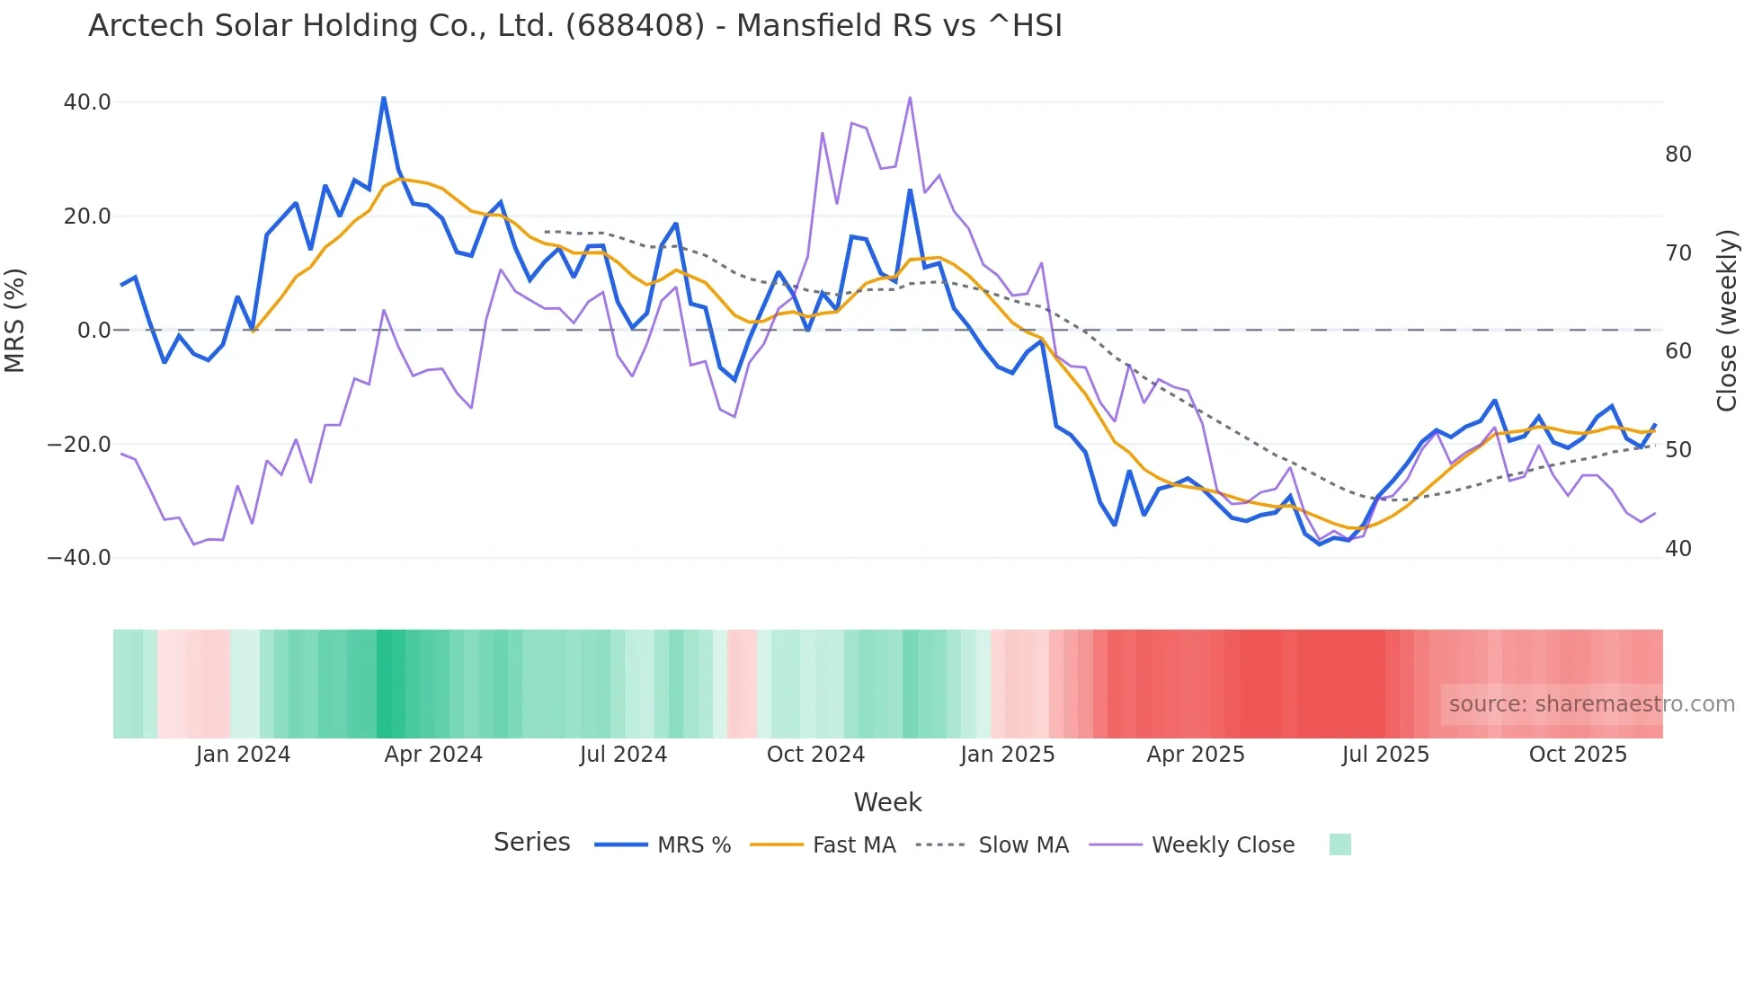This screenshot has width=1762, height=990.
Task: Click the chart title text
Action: click(x=575, y=26)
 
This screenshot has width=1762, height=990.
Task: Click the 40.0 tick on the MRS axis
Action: click(x=87, y=102)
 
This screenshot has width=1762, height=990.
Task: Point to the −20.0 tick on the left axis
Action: click(x=79, y=445)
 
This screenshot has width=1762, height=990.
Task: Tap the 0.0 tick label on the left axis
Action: click(x=94, y=331)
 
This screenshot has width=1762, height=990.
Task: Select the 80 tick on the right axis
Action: click(x=1677, y=155)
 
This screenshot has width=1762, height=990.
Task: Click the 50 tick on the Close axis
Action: click(x=1677, y=450)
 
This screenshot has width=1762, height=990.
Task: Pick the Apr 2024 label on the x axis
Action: click(x=433, y=755)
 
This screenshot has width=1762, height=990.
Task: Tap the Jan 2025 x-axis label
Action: click(x=1007, y=755)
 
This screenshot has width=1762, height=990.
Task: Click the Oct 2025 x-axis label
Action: click(x=1578, y=755)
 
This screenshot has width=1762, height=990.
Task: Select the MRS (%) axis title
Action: click(x=15, y=320)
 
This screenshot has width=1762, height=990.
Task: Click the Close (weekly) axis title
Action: click(x=1726, y=321)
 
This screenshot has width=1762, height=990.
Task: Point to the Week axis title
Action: click(x=887, y=802)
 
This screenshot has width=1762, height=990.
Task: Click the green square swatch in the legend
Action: click(x=1339, y=844)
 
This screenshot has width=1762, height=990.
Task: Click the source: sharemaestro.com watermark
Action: click(x=1591, y=704)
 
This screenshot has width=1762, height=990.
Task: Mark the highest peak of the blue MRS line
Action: click(x=384, y=97)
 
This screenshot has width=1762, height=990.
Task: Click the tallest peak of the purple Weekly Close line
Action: click(x=910, y=97)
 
